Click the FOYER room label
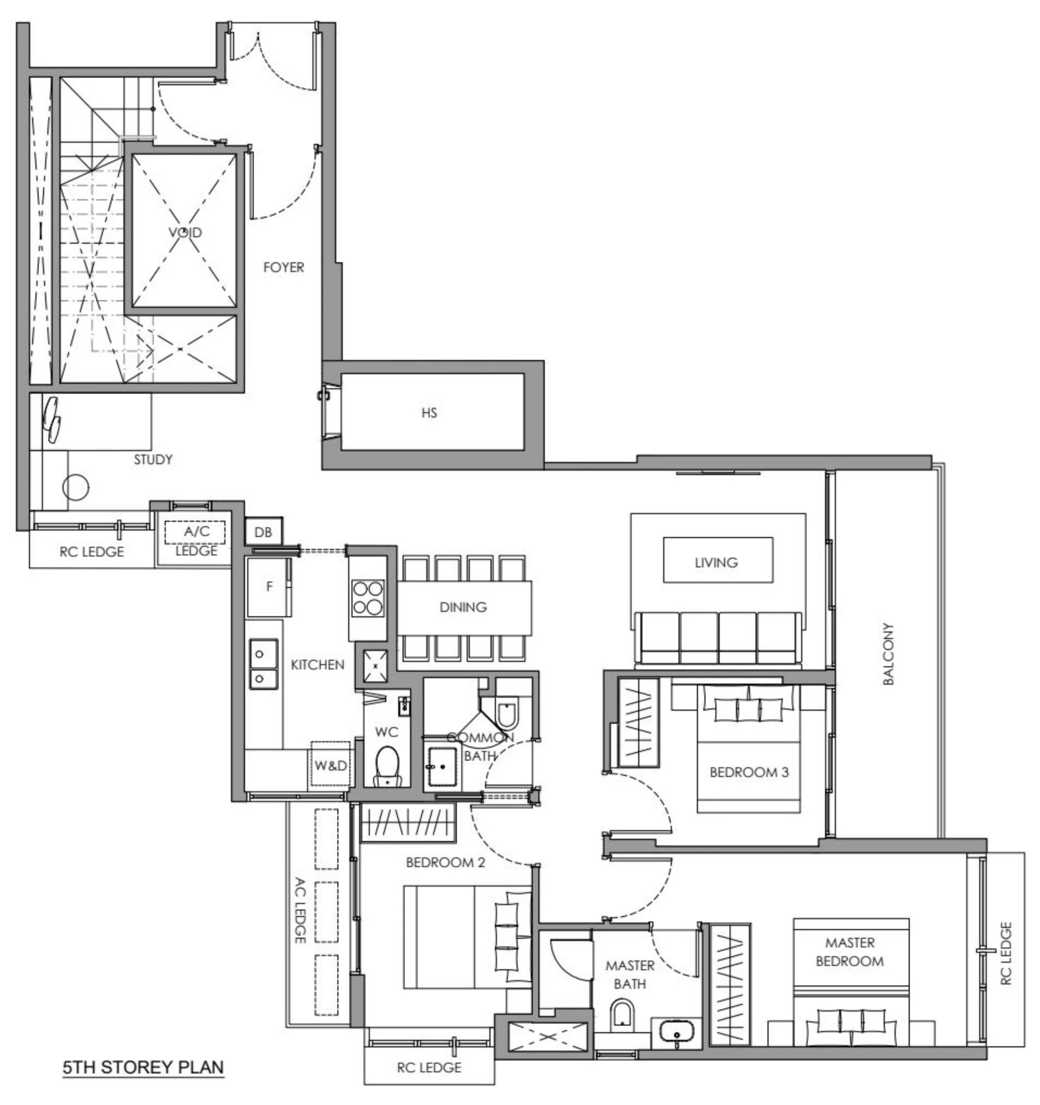click(283, 267)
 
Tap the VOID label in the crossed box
click(185, 232)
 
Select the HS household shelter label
click(428, 413)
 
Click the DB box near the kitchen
click(263, 532)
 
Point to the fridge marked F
click(269, 587)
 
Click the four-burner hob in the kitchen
click(368, 597)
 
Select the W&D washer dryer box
click(330, 766)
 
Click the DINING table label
click(463, 607)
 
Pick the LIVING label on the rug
click(716, 563)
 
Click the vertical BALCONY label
click(888, 654)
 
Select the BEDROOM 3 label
click(749, 772)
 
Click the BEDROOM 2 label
click(445, 862)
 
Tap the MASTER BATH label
click(629, 974)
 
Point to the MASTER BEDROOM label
click(849, 951)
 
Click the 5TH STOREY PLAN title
click(143, 1066)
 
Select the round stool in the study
click(75, 488)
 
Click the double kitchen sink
click(263, 664)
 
